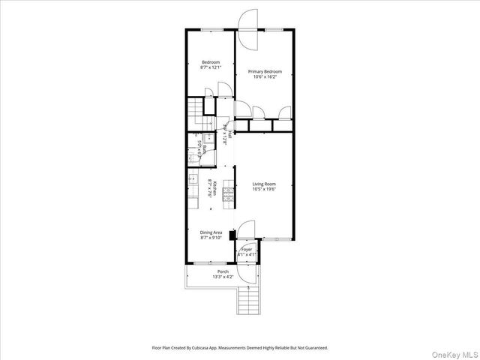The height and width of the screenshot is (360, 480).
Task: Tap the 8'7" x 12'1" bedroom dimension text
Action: tap(210, 67)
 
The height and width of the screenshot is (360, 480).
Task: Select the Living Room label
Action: tap(264, 184)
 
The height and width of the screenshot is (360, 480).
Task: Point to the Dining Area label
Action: tap(210, 232)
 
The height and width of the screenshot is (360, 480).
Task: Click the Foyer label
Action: tap(247, 249)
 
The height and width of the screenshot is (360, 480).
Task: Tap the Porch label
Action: tap(223, 271)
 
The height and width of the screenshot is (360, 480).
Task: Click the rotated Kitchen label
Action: tap(216, 189)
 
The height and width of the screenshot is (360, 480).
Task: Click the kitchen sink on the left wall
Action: tap(193, 180)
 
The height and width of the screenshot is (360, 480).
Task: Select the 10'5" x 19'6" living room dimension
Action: tap(264, 190)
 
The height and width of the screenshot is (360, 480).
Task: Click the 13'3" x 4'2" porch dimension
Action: tap(223, 277)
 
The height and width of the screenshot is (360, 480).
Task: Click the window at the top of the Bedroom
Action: tap(211, 30)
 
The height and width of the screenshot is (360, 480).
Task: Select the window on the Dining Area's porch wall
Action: tap(205, 264)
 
